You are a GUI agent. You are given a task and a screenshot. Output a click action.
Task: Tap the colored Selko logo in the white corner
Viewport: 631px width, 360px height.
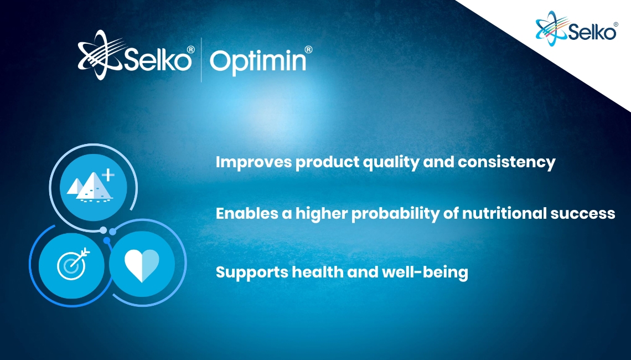tap(576, 28)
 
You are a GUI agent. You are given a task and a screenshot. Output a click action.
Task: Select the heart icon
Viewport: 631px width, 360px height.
tap(142, 265)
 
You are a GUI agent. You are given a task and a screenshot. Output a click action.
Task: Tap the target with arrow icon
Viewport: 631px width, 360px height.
tap(73, 264)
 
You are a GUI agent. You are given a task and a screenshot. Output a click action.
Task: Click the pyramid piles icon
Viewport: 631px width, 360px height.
tap(90, 186)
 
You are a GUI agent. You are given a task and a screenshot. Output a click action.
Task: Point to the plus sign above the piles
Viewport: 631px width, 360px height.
tap(108, 175)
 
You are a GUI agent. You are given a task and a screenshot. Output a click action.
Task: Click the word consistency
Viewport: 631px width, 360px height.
tap(506, 163)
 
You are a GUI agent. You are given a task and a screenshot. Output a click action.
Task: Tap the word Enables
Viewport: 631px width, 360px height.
tap(247, 213)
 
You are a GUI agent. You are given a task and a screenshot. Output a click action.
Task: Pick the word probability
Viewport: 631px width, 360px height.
tap(395, 214)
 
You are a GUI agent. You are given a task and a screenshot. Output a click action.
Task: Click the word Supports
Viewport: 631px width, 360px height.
tap(251, 272)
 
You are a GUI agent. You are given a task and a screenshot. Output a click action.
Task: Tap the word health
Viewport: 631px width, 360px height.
tap(318, 272)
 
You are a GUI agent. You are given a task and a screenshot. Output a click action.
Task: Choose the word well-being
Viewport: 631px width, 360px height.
tap(425, 272)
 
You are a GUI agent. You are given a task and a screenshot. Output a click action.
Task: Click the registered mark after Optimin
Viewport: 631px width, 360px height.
tap(308, 49)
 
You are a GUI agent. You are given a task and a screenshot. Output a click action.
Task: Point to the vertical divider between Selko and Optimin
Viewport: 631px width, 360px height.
tap(201, 60)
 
